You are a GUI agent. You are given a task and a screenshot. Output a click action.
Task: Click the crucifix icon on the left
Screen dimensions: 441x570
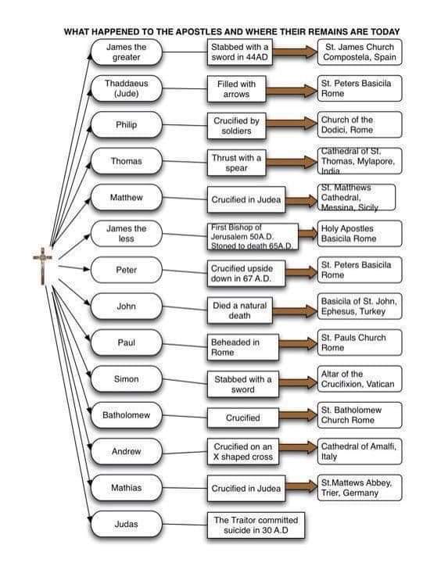[42, 265]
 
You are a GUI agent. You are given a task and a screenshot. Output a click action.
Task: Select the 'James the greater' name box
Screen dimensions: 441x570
[126, 52]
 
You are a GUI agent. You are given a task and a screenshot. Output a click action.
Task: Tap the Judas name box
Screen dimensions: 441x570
[126, 524]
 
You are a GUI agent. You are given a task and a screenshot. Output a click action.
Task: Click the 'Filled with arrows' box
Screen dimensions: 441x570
[236, 89]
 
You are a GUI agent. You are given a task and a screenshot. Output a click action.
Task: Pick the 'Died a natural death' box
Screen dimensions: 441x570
[239, 310]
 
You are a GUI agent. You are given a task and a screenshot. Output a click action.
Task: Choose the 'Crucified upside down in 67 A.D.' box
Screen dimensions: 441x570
[246, 274]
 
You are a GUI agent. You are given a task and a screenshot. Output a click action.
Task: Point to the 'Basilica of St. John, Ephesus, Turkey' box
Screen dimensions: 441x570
[360, 306]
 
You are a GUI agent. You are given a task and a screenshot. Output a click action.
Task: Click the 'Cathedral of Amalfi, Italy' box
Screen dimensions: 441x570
[360, 451]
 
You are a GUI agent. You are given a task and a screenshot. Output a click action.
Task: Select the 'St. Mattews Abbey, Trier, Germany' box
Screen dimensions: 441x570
[360, 487]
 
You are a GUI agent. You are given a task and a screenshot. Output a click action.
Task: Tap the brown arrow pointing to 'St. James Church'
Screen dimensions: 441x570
[295, 52]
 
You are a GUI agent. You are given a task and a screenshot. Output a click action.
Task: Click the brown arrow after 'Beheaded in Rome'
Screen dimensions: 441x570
[298, 343]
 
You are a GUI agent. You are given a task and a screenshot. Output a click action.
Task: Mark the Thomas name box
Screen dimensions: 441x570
[126, 161]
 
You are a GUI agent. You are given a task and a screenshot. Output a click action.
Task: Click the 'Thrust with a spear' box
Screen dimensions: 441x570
[236, 163]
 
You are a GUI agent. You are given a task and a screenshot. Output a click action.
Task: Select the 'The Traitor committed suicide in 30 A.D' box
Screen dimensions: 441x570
[256, 525]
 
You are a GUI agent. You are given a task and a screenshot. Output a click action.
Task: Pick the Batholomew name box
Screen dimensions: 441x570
[126, 415]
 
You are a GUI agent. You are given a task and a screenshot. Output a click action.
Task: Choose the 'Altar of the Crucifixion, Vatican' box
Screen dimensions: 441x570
[360, 378]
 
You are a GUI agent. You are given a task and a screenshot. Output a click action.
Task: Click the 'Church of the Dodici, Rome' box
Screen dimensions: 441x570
[360, 124]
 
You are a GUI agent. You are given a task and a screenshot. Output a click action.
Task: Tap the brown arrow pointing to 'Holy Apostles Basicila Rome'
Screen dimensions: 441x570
[307, 233]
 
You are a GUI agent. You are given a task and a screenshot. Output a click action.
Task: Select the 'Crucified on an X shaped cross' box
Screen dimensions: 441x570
[243, 451]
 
